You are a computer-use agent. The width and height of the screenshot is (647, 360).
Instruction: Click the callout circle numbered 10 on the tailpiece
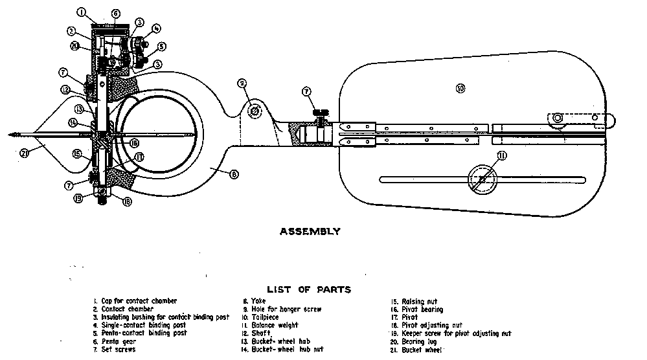pos(460,88)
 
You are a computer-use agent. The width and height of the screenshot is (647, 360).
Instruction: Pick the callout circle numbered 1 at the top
pos(81,12)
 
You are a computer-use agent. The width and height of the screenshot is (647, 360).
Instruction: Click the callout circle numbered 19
pos(78,199)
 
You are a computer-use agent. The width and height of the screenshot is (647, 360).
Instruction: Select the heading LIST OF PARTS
pos(308,289)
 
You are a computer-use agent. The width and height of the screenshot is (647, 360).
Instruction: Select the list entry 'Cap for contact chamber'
pos(139,301)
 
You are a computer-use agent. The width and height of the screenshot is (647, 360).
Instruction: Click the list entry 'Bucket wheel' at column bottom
pos(422,350)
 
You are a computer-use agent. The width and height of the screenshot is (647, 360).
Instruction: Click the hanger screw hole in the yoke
pos(255,111)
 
